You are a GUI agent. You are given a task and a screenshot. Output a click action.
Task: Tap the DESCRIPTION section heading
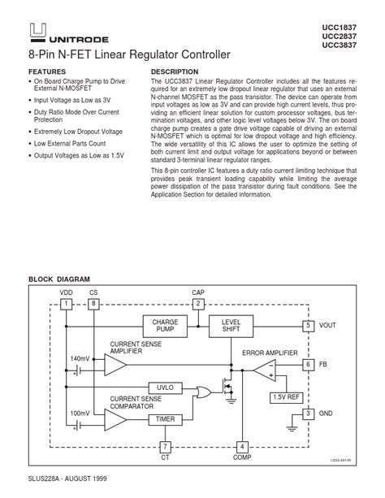[175, 72]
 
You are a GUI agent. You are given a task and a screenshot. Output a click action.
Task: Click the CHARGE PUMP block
[165, 326]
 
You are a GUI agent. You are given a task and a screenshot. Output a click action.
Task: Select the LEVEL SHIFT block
[231, 326]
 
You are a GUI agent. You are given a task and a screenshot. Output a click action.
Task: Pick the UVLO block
[165, 387]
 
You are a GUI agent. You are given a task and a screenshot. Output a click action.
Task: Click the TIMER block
[165, 419]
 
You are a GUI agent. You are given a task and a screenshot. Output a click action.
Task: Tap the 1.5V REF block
[287, 397]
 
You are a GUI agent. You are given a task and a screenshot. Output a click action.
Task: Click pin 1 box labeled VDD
[66, 303]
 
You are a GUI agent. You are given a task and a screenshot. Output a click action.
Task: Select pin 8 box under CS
[93, 303]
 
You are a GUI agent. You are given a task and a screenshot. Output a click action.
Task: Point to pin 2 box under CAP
[197, 303]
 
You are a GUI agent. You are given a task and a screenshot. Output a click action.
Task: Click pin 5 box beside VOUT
[308, 325]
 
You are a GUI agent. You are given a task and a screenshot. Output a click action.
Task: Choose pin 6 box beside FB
[308, 365]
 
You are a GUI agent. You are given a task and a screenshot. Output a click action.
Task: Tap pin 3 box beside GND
[308, 414]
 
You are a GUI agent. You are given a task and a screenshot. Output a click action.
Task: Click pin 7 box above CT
[165, 447]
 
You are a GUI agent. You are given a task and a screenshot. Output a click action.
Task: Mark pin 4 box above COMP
[241, 447]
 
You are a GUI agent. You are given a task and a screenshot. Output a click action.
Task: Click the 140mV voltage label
[80, 358]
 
